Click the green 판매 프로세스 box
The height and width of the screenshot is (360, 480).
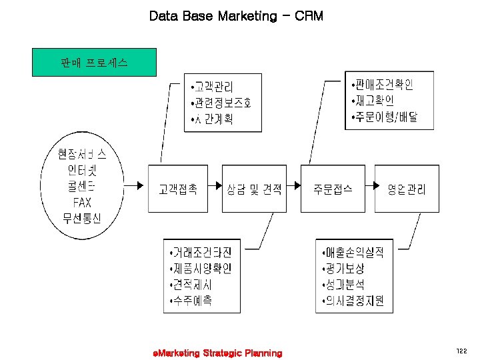94,63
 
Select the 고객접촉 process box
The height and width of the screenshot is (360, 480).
177,189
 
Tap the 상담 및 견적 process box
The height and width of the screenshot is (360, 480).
254,189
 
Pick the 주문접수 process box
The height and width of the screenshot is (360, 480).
333,189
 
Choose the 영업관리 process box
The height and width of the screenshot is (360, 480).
406,189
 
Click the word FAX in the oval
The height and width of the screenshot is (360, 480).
82,202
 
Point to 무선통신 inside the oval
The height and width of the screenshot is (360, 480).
82,218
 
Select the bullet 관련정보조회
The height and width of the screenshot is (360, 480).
221,103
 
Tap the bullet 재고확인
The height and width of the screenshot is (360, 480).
373,101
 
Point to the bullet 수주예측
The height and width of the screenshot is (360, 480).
193,301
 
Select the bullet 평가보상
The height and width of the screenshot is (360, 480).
342,269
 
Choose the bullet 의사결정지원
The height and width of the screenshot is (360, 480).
353,301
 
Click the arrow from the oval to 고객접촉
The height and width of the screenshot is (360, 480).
133,187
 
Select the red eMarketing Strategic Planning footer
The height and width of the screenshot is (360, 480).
217,353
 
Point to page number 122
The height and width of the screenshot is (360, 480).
462,350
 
